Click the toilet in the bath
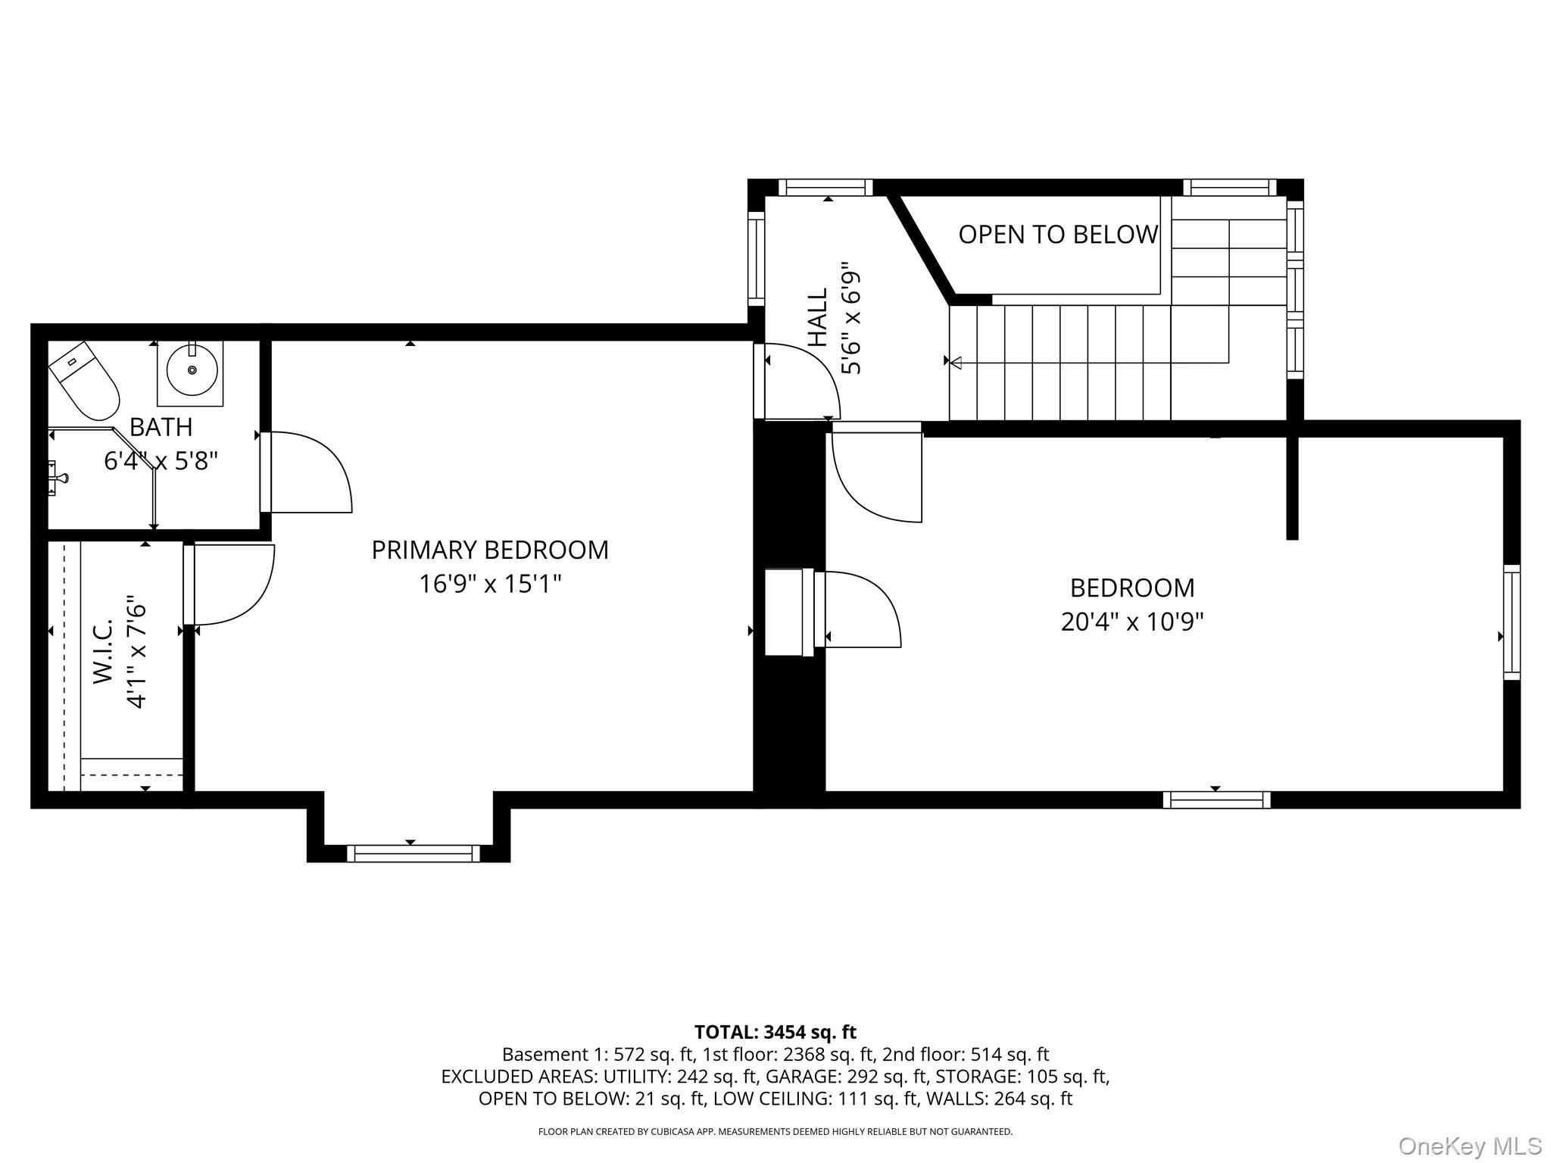click(x=85, y=382)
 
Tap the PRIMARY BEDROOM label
click(x=489, y=550)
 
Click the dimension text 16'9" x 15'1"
click(x=490, y=584)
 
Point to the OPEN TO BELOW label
click(x=1058, y=235)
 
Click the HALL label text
click(x=817, y=317)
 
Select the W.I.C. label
click(x=103, y=651)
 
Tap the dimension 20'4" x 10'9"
click(x=1131, y=622)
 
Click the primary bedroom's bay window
click(x=413, y=853)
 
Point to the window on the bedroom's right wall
click(x=1511, y=622)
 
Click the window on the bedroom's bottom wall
click(x=1216, y=800)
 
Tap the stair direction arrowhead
click(x=956, y=363)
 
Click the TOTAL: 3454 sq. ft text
click(x=775, y=1032)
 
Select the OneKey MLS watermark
click(x=1469, y=1146)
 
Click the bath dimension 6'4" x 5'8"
click(x=161, y=460)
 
